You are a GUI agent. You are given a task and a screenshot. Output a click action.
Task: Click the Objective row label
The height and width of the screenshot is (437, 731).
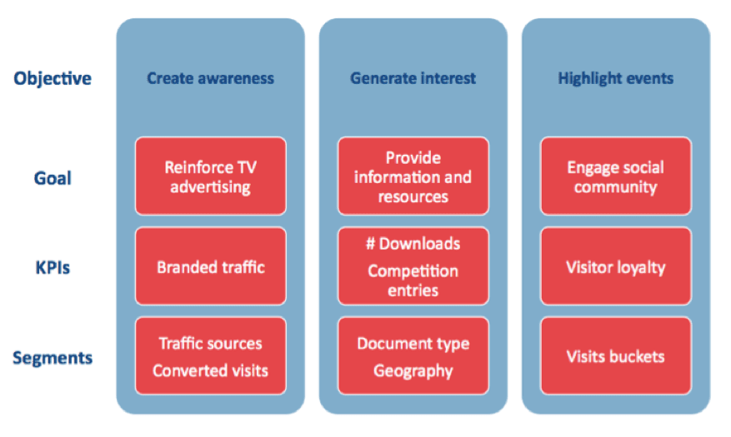coord(53,79)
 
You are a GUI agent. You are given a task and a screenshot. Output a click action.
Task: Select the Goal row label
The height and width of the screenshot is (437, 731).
coord(53,178)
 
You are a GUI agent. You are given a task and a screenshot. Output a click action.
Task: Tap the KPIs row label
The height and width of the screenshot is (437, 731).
coord(53,269)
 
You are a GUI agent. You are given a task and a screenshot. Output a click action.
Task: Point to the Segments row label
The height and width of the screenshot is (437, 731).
coord(53,358)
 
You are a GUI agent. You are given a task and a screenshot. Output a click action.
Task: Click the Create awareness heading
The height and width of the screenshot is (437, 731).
coord(210,79)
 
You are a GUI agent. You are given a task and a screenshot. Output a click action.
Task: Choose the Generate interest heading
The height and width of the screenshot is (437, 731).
coord(413,79)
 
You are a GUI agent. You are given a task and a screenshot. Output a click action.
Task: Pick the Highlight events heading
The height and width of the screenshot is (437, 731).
coord(615,79)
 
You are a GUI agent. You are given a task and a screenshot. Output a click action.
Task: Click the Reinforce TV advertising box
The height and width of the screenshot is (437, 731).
coord(210,176)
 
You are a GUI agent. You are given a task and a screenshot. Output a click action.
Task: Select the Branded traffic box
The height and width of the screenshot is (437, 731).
coord(210,267)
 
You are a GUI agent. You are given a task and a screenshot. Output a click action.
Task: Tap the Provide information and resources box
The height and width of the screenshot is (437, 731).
coord(413,176)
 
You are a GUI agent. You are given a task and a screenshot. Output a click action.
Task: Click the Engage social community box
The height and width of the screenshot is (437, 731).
coord(615,176)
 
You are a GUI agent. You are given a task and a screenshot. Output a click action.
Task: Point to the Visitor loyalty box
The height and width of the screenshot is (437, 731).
coord(615,267)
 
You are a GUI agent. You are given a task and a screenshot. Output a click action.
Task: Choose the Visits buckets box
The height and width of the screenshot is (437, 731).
coord(615,356)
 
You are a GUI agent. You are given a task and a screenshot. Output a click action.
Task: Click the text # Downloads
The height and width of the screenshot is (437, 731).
coord(413,244)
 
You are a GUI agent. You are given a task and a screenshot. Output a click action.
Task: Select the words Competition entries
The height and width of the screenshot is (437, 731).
coord(413,281)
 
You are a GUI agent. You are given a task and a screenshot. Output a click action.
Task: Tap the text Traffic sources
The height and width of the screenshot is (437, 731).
coord(210,343)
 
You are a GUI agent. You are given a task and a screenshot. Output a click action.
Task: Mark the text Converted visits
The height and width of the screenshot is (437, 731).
coord(210,370)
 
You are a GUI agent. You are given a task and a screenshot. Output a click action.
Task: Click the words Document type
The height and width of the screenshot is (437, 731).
coord(413,343)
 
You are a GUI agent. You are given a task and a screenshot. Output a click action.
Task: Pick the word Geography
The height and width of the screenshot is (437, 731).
coord(413,370)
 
